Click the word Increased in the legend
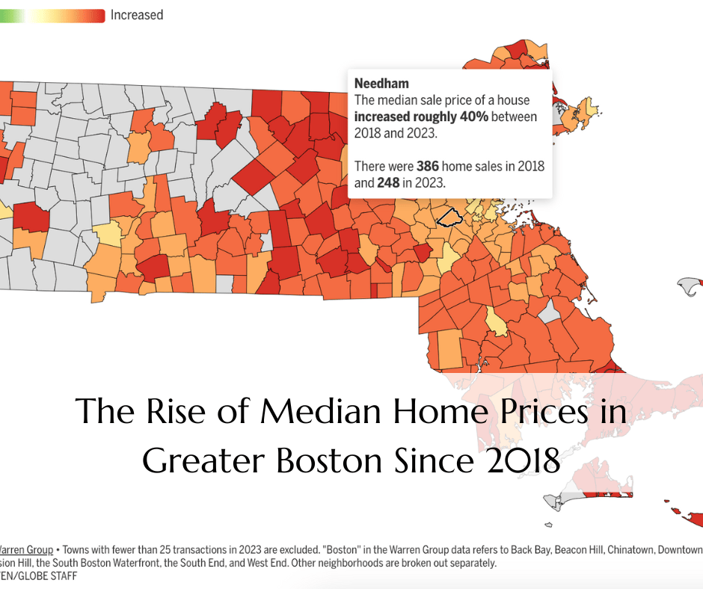click(136, 14)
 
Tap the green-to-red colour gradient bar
click(52, 15)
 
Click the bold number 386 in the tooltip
click(427, 165)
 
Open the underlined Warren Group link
click(26, 550)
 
